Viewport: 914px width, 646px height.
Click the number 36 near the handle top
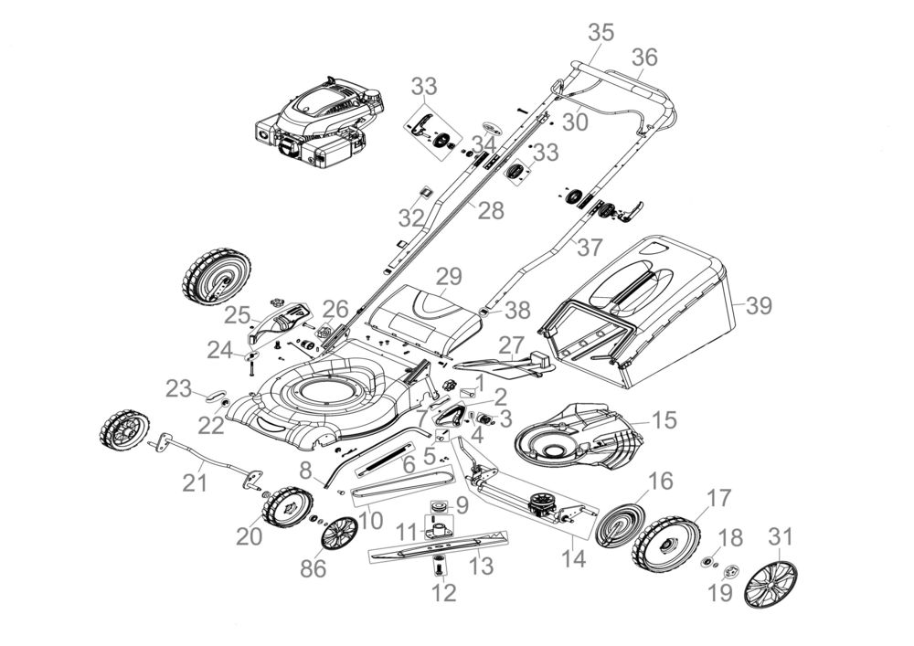[644, 57]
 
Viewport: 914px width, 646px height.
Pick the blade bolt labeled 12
[440, 567]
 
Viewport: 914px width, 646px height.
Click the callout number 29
[449, 276]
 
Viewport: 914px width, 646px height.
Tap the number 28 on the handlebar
[491, 211]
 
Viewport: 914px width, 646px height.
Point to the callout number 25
[238, 315]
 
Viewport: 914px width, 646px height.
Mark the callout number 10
[371, 522]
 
